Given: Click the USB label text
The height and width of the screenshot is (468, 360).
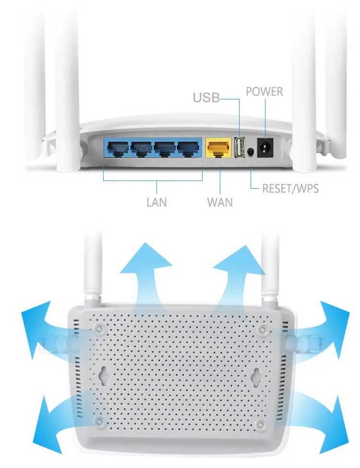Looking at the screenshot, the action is (x=206, y=98).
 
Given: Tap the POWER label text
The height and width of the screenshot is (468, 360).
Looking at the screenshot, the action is (x=264, y=91).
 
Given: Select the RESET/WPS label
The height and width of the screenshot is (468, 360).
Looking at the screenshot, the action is (x=290, y=188).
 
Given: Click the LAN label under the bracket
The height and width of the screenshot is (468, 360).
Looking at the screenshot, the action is (x=156, y=202).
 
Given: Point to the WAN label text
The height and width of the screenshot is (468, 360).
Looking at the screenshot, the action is (x=220, y=202).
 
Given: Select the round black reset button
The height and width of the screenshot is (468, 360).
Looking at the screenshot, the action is (x=251, y=152).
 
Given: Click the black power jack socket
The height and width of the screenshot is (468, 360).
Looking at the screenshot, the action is (x=264, y=148).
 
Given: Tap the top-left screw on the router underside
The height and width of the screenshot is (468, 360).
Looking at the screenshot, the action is (x=99, y=329).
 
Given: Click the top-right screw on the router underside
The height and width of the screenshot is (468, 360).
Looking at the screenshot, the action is (x=262, y=330).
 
